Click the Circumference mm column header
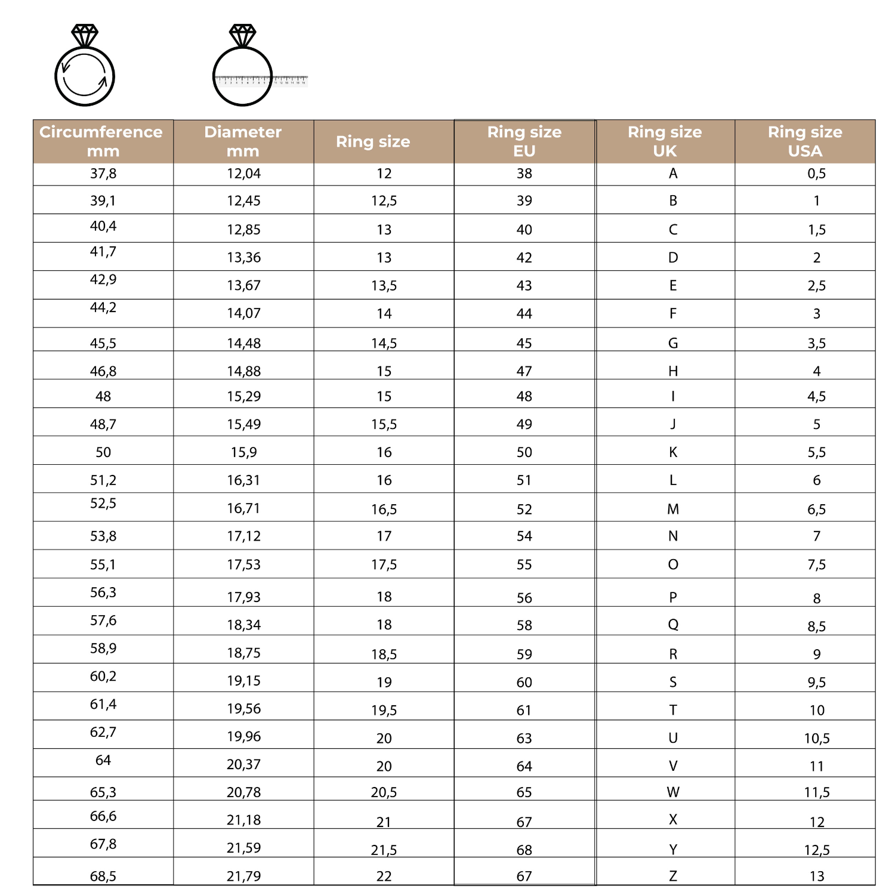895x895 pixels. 101,141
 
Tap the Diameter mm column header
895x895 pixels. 243,141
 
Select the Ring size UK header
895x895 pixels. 665,141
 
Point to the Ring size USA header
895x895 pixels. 805,141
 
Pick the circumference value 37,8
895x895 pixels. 103,174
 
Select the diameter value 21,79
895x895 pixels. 243,876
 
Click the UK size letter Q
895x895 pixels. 673,625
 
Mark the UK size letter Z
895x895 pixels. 673,876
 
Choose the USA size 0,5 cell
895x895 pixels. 816,174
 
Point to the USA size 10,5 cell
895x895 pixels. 816,738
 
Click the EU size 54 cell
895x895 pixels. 524,536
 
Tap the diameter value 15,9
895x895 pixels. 243,452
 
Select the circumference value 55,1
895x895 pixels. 103,564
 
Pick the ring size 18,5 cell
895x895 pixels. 384,654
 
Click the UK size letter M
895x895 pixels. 673,509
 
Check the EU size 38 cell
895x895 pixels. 524,174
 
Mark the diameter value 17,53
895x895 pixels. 243,564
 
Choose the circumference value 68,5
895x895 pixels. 103,876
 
